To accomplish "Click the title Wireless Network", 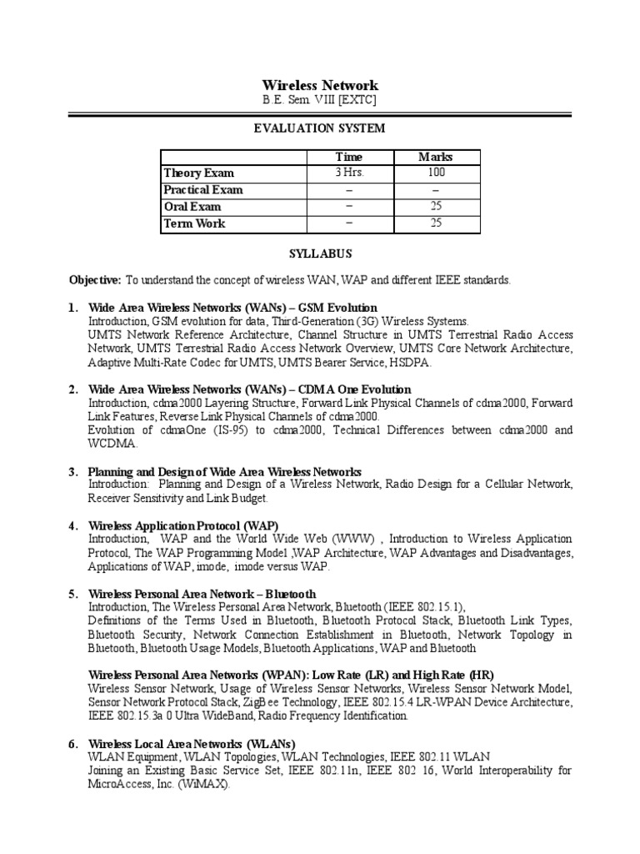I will pyautogui.click(x=320, y=85).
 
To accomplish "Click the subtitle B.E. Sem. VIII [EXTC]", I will pyautogui.click(x=320, y=100).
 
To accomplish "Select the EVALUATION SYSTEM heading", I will pyautogui.click(x=320, y=128).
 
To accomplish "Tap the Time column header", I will pyautogui.click(x=349, y=157).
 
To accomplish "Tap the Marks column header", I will pyautogui.click(x=435, y=157).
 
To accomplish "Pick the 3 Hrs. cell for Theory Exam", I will pyautogui.click(x=349, y=173).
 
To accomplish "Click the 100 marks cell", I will pyautogui.click(x=435, y=173).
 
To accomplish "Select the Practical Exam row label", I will pyautogui.click(x=203, y=189).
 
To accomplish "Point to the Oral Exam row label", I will pyautogui.click(x=193, y=206).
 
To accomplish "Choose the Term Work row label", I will pyautogui.click(x=195, y=223).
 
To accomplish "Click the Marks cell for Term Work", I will pyautogui.click(x=435, y=223).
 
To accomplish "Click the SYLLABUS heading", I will pyautogui.click(x=320, y=253).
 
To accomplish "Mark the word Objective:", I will pyautogui.click(x=95, y=280).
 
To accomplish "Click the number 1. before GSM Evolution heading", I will pyautogui.click(x=73, y=308).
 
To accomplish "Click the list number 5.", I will pyautogui.click(x=73, y=594).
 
